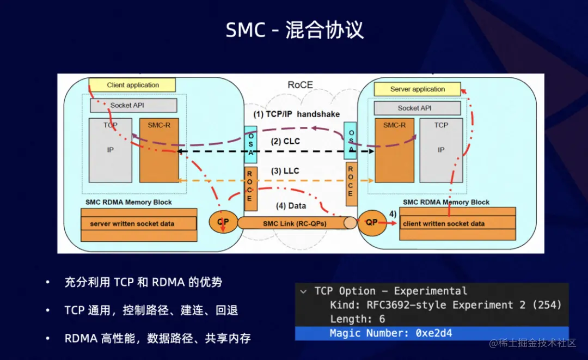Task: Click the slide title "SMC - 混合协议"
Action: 295,30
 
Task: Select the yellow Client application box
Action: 132,85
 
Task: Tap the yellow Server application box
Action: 418,89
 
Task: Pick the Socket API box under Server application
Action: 414,108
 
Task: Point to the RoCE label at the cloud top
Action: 300,85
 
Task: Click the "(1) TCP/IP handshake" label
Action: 297,114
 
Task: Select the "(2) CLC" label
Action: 286,141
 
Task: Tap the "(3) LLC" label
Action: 285,171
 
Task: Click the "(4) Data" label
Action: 291,206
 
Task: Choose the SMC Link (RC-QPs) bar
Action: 294,223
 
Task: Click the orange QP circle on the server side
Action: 371,223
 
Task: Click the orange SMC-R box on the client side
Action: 158,150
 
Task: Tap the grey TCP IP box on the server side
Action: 441,150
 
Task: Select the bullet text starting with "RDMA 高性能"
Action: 157,338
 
